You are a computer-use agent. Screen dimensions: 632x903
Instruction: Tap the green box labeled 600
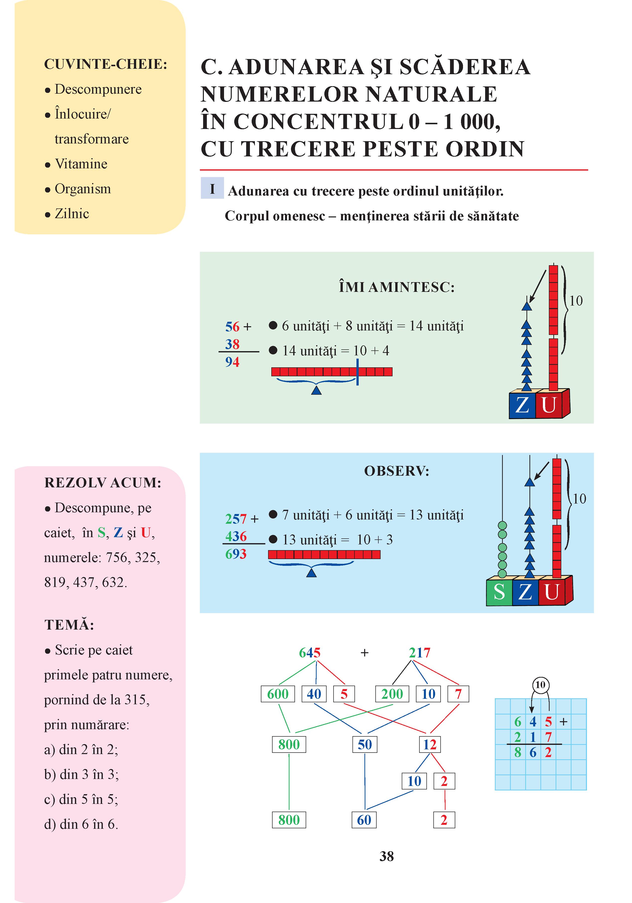click(278, 694)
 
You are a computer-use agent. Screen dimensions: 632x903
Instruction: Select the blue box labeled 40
click(314, 694)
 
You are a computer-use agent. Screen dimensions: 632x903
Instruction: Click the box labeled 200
click(392, 694)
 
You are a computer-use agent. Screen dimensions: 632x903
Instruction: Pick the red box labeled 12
click(430, 745)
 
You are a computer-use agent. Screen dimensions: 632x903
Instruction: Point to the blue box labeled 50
click(365, 745)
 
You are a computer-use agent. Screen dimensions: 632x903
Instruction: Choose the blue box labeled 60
click(364, 820)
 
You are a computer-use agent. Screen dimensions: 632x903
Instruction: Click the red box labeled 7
click(458, 694)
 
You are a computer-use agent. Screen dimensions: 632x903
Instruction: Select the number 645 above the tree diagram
click(310, 653)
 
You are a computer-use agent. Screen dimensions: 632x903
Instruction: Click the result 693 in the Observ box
click(236, 554)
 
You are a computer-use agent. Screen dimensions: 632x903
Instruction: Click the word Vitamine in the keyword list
click(81, 164)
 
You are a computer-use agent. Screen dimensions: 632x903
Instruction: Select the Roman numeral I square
click(212, 188)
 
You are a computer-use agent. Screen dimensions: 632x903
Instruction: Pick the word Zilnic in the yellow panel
click(72, 214)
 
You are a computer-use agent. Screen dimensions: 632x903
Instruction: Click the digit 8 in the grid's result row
click(518, 752)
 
